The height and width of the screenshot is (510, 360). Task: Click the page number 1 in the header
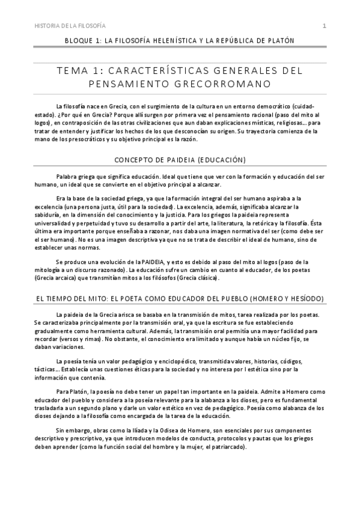tap(325, 26)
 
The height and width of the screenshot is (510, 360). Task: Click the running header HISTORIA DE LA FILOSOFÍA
tap(71, 26)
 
